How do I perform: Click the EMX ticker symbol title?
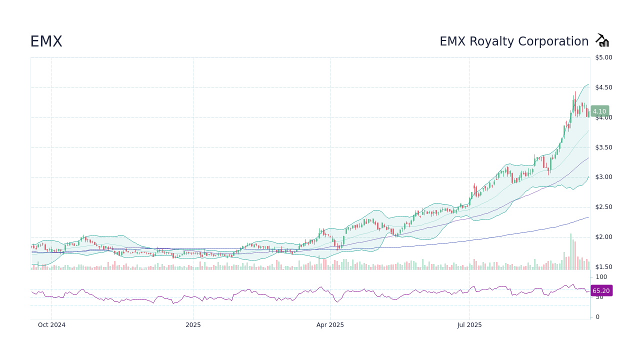(x=46, y=41)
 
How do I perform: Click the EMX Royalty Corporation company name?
(x=514, y=41)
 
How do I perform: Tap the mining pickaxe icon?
(x=602, y=40)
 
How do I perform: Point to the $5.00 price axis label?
(x=603, y=57)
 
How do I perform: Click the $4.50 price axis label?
(x=603, y=87)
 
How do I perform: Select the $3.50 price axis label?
(x=603, y=147)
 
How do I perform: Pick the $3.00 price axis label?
(x=603, y=177)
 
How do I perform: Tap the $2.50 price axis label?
(x=603, y=207)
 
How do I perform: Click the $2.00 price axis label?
(x=603, y=237)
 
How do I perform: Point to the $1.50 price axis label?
(x=603, y=267)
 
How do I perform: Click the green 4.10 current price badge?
(x=599, y=111)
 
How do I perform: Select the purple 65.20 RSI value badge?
(x=601, y=290)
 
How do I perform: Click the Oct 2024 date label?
(x=51, y=325)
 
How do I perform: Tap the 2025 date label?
(x=193, y=325)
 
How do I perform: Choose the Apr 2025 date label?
(x=330, y=325)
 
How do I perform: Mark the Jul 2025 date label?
(x=469, y=325)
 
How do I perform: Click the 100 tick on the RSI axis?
(x=601, y=277)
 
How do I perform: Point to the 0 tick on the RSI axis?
(x=597, y=317)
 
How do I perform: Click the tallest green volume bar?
(x=570, y=252)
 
